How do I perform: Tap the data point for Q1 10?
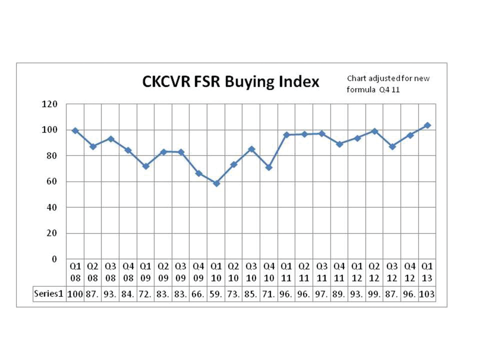(x=216, y=183)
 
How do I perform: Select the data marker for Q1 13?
(x=427, y=125)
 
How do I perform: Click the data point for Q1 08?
(x=75, y=130)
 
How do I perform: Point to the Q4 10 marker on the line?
(x=269, y=167)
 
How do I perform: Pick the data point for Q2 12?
(x=374, y=131)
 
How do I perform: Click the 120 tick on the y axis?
(x=51, y=104)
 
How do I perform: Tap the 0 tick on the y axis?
(x=55, y=259)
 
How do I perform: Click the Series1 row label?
(x=48, y=294)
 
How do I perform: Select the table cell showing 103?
(x=427, y=294)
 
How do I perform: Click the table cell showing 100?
(x=75, y=294)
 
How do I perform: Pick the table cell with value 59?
(x=216, y=294)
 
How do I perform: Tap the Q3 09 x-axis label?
(x=180, y=272)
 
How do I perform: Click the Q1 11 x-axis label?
(x=286, y=272)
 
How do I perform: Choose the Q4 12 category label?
(x=409, y=272)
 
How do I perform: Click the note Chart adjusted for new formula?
(x=388, y=84)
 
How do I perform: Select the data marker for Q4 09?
(x=198, y=173)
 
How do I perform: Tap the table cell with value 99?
(x=374, y=294)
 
